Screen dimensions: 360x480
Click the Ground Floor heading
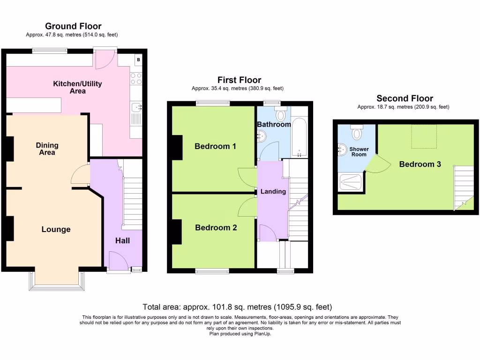73,26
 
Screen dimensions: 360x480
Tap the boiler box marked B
138,60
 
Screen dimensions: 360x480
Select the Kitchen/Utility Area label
77,87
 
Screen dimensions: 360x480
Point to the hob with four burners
136,78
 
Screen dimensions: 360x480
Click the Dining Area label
47,149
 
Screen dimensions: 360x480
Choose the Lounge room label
56,229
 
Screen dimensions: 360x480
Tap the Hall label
123,240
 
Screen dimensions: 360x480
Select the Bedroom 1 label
215,146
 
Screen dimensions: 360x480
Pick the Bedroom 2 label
216,228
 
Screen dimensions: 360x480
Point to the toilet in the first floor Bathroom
281,115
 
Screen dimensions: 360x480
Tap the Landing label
273,191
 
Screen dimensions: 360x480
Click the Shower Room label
359,152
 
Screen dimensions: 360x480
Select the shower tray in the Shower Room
351,183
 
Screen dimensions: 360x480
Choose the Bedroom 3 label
420,164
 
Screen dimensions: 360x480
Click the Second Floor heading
405,98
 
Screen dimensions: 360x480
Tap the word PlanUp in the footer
262,334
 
